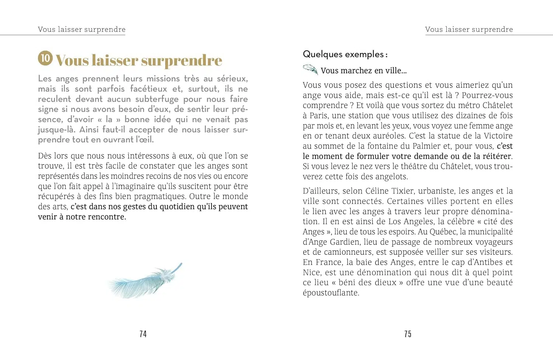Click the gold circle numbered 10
coord(45,58)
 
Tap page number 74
coord(143,334)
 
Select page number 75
coord(408,334)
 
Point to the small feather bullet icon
coord(310,69)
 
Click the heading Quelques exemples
coord(345,55)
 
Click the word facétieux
coord(148,89)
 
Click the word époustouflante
coord(331,293)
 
